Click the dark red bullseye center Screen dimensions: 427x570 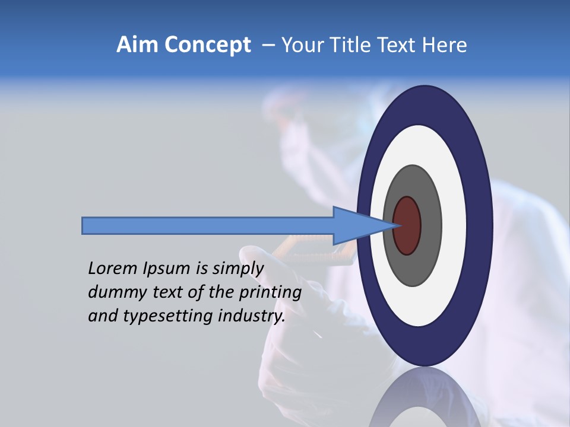click(407, 226)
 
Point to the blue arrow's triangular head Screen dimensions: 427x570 click(356, 225)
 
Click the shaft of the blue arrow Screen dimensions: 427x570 click(208, 225)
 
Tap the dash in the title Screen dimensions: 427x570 click(268, 46)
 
